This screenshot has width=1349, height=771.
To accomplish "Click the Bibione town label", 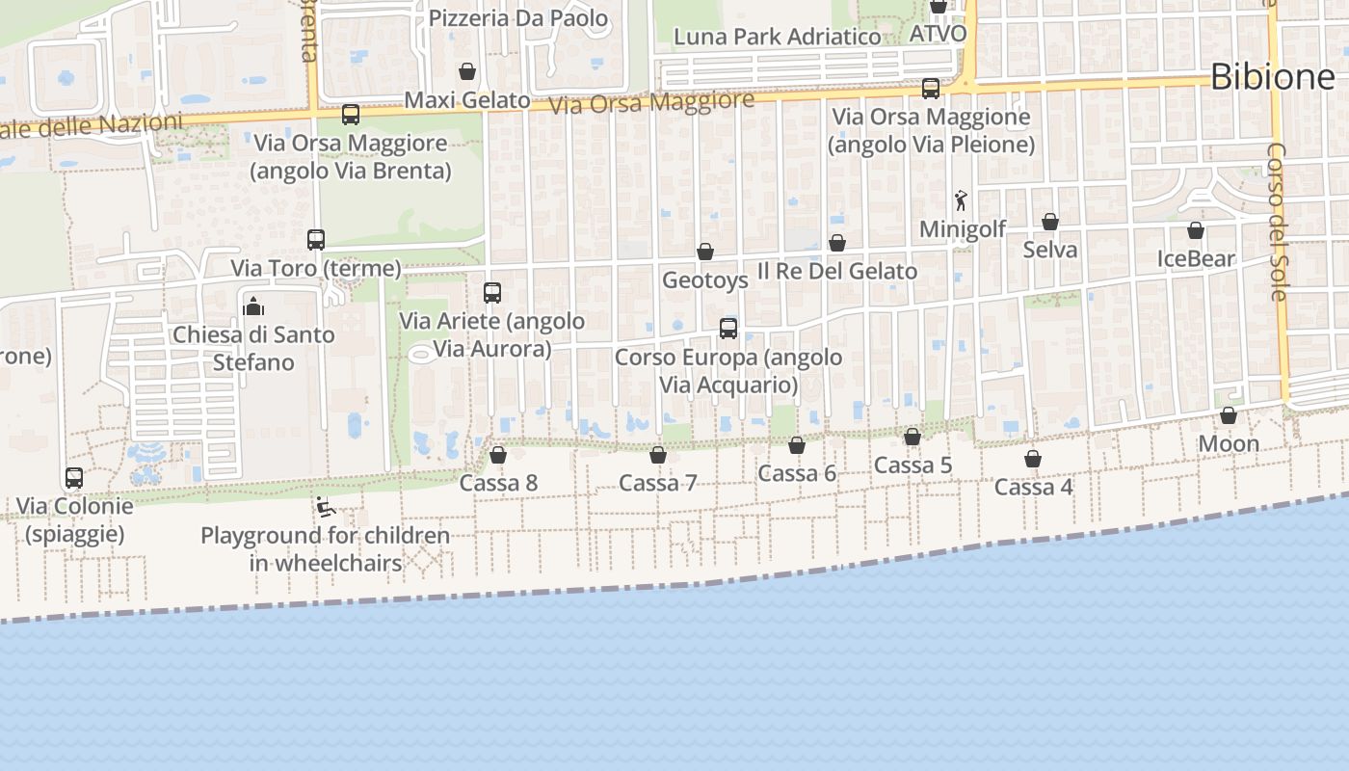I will (x=1272, y=76).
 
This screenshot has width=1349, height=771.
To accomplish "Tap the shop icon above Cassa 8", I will (x=498, y=454).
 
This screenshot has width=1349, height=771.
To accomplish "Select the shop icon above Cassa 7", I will (x=658, y=454).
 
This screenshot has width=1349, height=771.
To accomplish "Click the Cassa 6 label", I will (x=797, y=473).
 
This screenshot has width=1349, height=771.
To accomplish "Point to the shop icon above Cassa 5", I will (x=913, y=437).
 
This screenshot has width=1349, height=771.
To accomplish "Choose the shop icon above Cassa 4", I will (x=1033, y=459).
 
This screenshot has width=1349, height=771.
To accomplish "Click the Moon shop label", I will (x=1229, y=444).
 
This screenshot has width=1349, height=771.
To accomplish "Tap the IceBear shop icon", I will (x=1196, y=230).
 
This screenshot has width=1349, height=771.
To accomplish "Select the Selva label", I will (x=1050, y=250).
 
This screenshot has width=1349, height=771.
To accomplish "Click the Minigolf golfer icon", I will (x=961, y=200).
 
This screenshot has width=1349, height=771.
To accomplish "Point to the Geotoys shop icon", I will (x=705, y=252).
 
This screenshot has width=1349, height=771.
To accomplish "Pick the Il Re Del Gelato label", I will (x=837, y=272).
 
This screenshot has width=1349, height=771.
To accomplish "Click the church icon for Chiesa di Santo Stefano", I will (x=254, y=306).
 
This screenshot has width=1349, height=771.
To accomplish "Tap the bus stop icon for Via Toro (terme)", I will (x=316, y=240).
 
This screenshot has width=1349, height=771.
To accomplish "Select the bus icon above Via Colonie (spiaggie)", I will (x=74, y=477).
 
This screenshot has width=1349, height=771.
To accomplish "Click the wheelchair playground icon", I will (x=326, y=507).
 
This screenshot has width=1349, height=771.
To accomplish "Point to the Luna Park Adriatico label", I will (x=777, y=38).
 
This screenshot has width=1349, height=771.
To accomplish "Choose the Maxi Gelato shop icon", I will (x=467, y=71).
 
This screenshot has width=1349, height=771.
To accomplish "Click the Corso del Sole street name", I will (x=1278, y=222).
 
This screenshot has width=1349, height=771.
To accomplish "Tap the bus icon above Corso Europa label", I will (x=728, y=328).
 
